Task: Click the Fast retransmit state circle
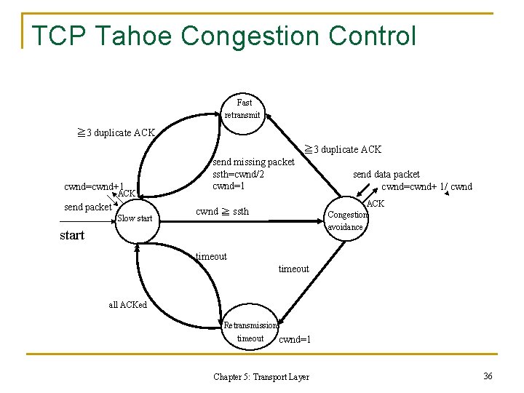coord(243,108)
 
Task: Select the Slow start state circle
coord(135,218)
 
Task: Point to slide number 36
coord(488,376)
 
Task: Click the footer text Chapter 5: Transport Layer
coord(261,377)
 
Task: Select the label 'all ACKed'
coord(127,305)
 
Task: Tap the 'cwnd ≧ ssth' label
coord(222,212)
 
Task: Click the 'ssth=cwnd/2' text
coord(238,174)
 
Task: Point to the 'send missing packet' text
coord(253,162)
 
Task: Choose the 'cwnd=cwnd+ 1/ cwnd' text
coord(426,187)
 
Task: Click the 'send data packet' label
coord(386,175)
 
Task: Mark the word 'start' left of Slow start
coord(72,235)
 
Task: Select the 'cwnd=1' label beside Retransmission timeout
coord(295,339)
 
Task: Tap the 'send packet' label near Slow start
coord(87,207)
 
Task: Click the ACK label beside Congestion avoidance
coord(376,204)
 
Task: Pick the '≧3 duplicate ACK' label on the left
coord(116,132)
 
